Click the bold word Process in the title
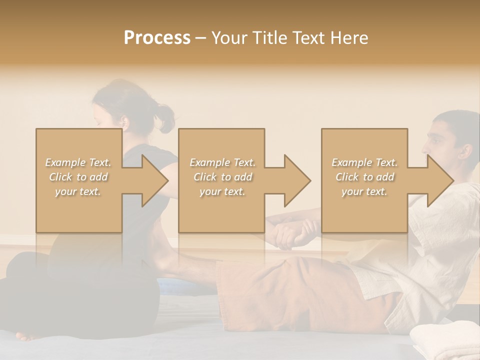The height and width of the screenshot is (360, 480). [x=157, y=38]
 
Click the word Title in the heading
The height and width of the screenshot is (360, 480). [x=269, y=38]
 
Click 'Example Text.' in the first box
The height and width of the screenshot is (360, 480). [x=78, y=162]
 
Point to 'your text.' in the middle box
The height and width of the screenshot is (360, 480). [x=222, y=192]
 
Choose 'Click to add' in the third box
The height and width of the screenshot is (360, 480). [x=364, y=177]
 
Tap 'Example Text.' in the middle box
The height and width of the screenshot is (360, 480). [x=222, y=162]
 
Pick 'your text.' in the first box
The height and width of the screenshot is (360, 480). [x=78, y=192]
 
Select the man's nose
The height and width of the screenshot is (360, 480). [x=424, y=148]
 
